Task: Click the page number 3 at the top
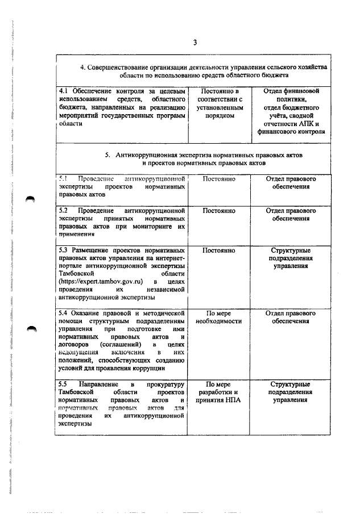(195, 43)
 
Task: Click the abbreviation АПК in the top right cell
(303, 124)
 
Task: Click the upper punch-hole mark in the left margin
(30, 199)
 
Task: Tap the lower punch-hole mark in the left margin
(30, 328)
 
